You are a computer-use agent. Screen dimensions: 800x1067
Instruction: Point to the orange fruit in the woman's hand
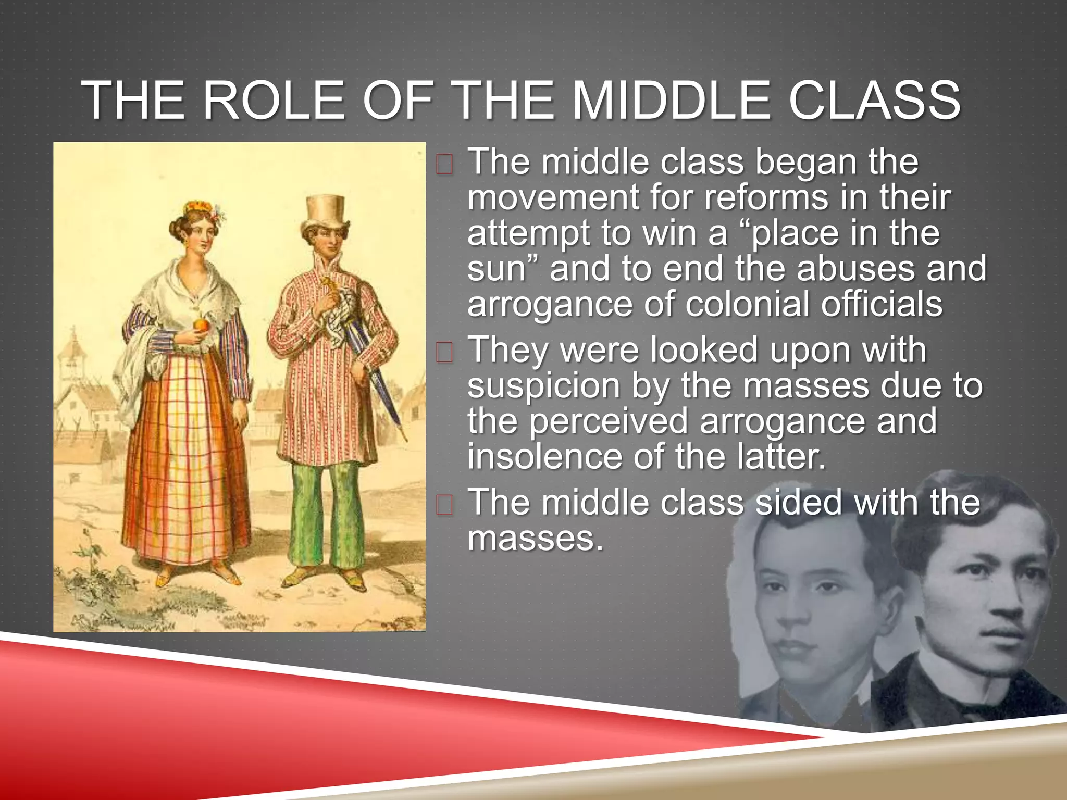201,326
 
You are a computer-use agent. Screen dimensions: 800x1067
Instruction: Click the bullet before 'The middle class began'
444,165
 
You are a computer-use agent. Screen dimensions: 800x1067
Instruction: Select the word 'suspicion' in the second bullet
543,386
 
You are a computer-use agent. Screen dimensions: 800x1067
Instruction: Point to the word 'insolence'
544,457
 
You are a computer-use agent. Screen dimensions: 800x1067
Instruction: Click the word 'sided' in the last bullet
798,503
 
